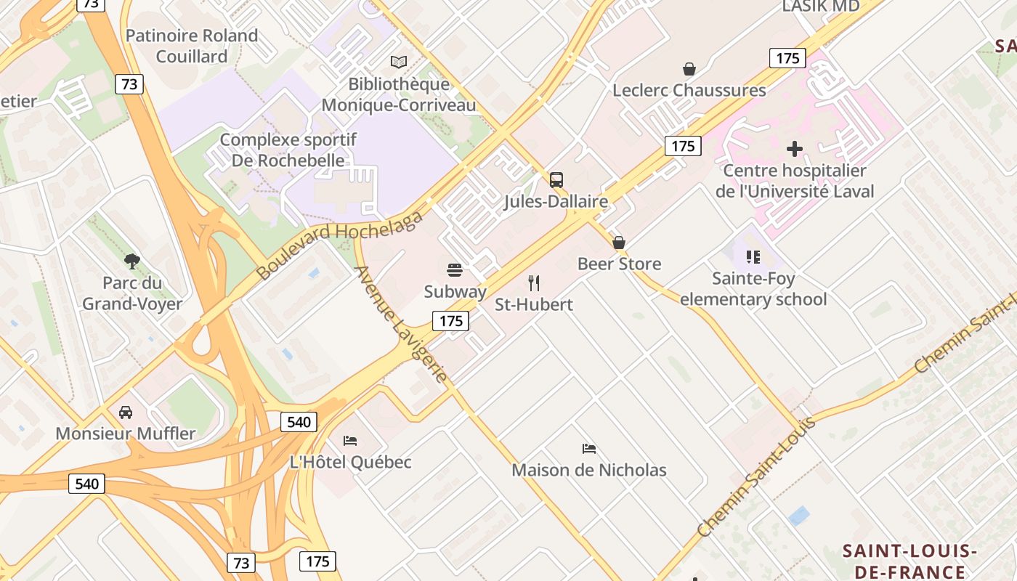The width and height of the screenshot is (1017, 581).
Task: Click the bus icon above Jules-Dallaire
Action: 556,179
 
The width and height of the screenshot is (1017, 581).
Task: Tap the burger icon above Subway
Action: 455,271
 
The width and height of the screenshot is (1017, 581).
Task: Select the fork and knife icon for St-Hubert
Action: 534,283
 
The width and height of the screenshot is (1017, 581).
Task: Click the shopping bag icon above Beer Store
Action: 619,243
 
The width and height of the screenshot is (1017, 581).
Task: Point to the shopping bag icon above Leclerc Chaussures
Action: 689,69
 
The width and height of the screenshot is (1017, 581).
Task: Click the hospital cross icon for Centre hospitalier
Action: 795,149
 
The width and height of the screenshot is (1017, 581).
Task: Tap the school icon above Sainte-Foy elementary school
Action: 753,256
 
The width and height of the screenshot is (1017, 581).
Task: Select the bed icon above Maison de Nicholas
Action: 589,449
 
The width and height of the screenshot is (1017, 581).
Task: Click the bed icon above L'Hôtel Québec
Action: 350,440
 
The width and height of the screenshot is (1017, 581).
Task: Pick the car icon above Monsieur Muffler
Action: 126,413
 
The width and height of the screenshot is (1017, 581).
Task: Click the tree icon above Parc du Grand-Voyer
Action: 131,261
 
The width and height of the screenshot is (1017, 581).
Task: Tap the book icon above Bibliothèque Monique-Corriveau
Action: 398,62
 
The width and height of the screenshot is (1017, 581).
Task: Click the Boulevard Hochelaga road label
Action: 339,245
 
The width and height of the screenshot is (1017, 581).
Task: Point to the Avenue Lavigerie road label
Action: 400,324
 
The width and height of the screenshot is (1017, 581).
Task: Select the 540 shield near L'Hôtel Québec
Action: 299,422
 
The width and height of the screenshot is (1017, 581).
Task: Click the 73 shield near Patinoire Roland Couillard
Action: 129,84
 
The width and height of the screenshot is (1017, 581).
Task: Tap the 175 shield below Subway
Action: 450,320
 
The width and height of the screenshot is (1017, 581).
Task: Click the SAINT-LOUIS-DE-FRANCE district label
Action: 909,561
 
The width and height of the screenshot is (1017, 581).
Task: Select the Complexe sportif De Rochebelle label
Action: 288,150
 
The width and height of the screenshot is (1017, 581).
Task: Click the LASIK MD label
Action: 820,7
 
